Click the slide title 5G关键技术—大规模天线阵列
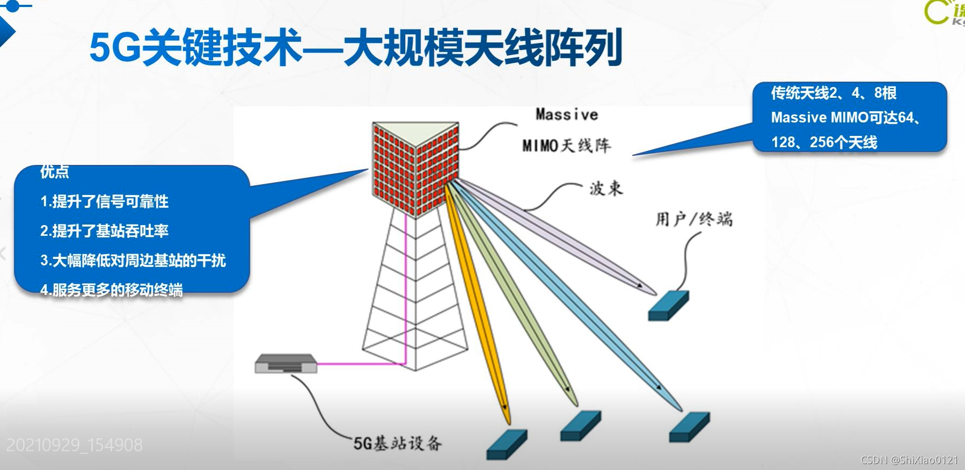click(x=355, y=48)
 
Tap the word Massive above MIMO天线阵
click(x=566, y=114)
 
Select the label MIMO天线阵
click(x=566, y=146)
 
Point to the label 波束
click(x=606, y=189)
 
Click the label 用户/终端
click(x=693, y=219)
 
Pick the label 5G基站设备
click(x=397, y=443)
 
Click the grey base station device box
click(x=286, y=364)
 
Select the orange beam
click(x=478, y=301)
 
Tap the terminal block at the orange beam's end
click(x=506, y=444)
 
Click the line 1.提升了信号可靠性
click(x=105, y=201)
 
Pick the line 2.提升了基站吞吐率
click(x=105, y=231)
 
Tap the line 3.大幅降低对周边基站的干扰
click(x=133, y=261)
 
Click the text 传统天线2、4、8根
click(x=834, y=93)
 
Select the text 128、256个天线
click(x=824, y=142)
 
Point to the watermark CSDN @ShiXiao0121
click(x=909, y=460)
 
